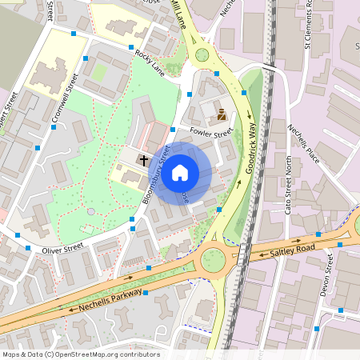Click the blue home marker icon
point(180,172)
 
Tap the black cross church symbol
point(144,160)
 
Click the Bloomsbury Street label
point(157,174)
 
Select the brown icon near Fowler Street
point(222,114)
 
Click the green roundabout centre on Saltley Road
point(213,260)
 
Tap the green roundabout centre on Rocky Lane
point(202,55)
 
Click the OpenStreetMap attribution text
point(81,354)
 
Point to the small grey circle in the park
point(90,211)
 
